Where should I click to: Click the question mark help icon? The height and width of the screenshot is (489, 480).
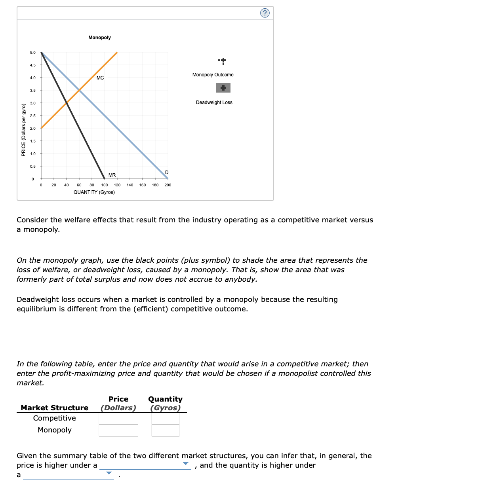[265, 13]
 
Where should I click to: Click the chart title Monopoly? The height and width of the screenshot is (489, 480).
[99, 38]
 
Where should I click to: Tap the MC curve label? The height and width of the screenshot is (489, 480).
[100, 78]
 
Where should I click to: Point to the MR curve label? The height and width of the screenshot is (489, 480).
[112, 175]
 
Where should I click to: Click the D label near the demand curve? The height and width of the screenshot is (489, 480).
[167, 172]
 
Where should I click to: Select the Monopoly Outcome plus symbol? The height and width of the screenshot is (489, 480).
[223, 61]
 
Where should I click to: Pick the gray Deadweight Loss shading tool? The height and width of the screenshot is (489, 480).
[223, 88]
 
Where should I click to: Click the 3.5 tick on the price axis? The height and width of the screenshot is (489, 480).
[32, 91]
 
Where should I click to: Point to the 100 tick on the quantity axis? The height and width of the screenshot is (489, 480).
[105, 185]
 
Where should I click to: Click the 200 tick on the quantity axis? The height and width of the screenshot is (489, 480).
[168, 185]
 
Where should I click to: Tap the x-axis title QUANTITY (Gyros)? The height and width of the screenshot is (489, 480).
[94, 192]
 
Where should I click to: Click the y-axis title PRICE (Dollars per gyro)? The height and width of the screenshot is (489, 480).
[23, 130]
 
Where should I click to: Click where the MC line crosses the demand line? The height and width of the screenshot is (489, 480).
[79, 90]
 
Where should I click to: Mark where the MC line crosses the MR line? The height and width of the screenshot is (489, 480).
[67, 103]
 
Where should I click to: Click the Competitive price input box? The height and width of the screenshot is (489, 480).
[118, 419]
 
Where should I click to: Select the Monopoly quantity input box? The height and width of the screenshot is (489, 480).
[166, 430]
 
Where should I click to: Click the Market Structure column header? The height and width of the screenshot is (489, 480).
[55, 408]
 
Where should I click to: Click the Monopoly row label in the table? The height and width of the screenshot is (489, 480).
[55, 430]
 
